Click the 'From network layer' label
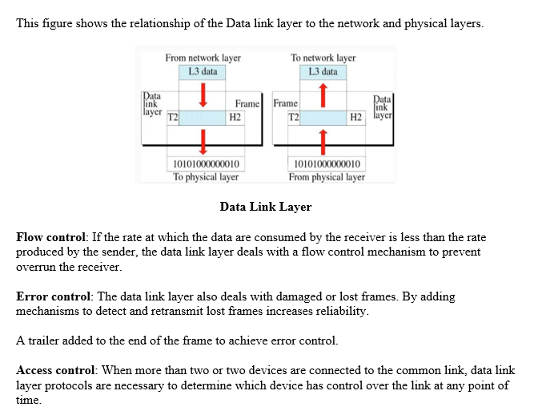(x=203, y=58)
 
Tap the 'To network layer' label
(x=323, y=58)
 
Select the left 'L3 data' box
(x=203, y=71)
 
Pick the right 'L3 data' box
(x=323, y=71)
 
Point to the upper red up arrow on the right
(x=323, y=95)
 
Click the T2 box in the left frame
(x=172, y=117)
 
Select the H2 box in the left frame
(x=235, y=117)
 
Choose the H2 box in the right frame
(x=356, y=117)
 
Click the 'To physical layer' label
(x=206, y=177)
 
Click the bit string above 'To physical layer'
(x=206, y=164)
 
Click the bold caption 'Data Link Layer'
(x=265, y=208)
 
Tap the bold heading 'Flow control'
(x=51, y=238)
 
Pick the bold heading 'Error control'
(x=53, y=296)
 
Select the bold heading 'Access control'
(x=56, y=370)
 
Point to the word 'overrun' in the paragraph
(x=35, y=267)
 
